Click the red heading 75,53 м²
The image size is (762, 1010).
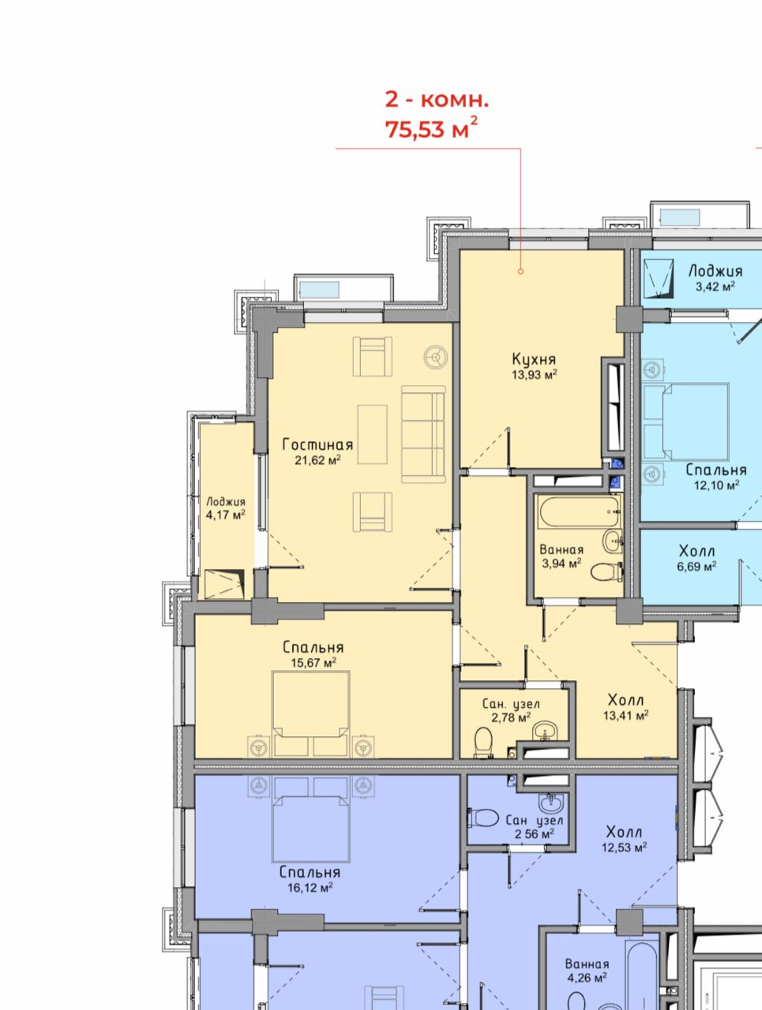pyautogui.click(x=431, y=129)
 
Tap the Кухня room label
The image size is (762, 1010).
pyautogui.click(x=534, y=359)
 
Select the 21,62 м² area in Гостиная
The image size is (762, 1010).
pyautogui.click(x=317, y=460)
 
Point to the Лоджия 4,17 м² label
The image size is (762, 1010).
pyautogui.click(x=226, y=508)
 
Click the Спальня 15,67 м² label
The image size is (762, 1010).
pyautogui.click(x=313, y=654)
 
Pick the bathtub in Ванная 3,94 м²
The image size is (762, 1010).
pyautogui.click(x=579, y=511)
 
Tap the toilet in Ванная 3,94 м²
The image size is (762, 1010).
pyautogui.click(x=606, y=573)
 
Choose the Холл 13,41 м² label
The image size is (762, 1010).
pyautogui.click(x=625, y=707)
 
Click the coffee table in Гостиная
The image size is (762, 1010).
pyautogui.click(x=373, y=434)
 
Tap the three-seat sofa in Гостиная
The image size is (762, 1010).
pyautogui.click(x=423, y=434)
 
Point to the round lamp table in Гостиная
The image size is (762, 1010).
pyautogui.click(x=435, y=357)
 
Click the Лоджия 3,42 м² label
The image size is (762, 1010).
pyautogui.click(x=715, y=279)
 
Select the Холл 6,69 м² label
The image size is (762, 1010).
pyautogui.click(x=696, y=558)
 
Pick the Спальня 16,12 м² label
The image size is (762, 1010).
pyautogui.click(x=310, y=879)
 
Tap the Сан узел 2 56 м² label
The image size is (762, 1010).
pyautogui.click(x=534, y=827)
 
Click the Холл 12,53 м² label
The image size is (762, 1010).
pyautogui.click(x=625, y=839)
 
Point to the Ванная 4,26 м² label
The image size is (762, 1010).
pyautogui.click(x=587, y=970)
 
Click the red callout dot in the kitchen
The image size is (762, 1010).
pyautogui.click(x=520, y=271)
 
